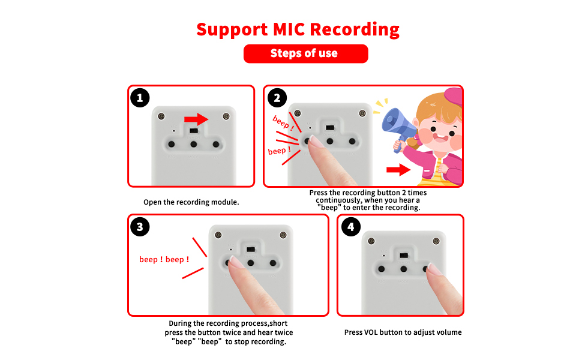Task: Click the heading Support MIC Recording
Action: coord(298,29)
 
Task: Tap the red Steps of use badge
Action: coord(305,53)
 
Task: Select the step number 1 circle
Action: coord(140,98)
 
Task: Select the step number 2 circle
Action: coord(277,98)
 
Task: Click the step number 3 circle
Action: coord(140,227)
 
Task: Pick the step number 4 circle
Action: coord(350,227)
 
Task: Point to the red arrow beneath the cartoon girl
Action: coord(398,170)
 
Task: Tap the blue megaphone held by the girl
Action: coord(397,122)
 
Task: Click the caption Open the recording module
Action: coord(191,202)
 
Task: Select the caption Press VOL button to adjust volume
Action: coord(403,332)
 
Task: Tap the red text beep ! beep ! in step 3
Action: coord(164,260)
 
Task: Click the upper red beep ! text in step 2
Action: coord(283,122)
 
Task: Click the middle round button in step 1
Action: coord(194,145)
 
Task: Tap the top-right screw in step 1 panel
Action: coord(226,116)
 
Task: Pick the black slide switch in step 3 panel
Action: coord(251,249)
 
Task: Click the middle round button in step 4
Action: coord(404,269)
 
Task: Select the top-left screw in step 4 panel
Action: coord(371,241)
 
